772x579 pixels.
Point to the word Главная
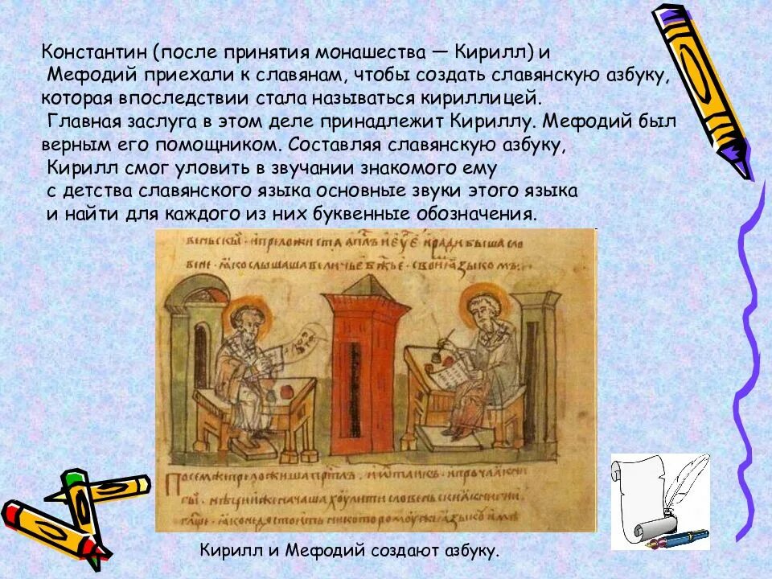click(x=82, y=121)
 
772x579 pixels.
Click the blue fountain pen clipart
click(x=684, y=536)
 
